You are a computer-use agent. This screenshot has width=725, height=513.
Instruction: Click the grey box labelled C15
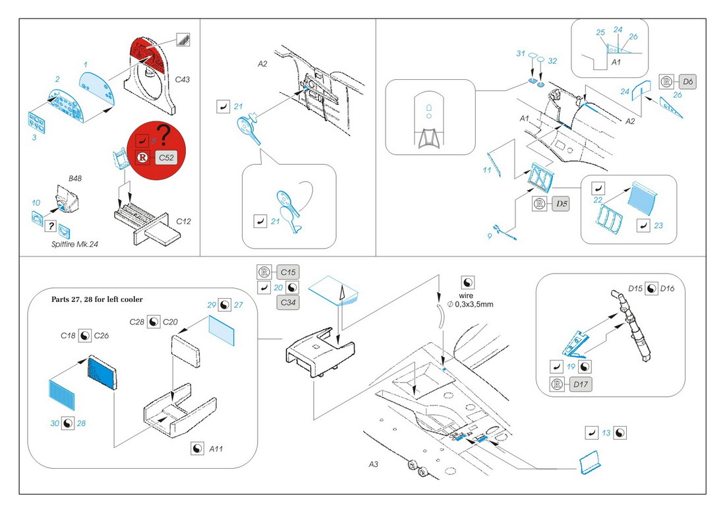point(287,272)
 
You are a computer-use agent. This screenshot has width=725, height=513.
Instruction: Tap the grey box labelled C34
point(287,303)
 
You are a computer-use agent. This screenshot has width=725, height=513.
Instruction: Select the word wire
point(467,296)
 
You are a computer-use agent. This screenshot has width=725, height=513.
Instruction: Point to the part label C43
point(182,79)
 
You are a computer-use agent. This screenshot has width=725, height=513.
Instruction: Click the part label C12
point(184,221)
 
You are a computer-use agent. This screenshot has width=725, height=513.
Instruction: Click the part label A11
point(216,448)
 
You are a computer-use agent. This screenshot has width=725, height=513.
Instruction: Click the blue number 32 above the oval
point(552,61)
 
